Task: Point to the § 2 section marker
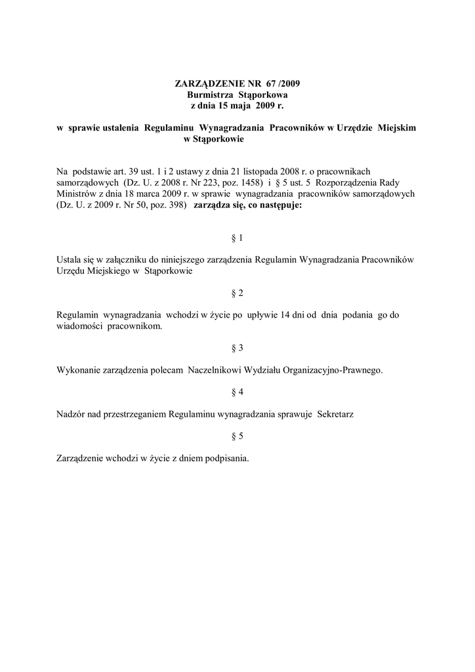[237, 292]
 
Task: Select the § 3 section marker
[237, 347]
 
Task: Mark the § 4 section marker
[237, 392]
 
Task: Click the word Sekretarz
[336, 414]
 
